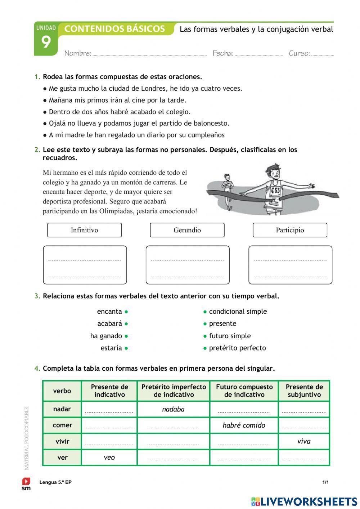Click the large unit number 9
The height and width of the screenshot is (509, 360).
click(x=46, y=43)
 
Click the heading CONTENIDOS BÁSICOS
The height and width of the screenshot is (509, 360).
click(x=114, y=29)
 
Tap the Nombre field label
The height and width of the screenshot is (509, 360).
click(x=77, y=53)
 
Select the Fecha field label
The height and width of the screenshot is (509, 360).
click(x=223, y=53)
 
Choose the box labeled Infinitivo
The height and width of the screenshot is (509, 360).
click(x=84, y=230)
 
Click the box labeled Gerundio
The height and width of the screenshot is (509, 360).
click(x=187, y=230)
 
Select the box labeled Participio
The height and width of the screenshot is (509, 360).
click(x=290, y=230)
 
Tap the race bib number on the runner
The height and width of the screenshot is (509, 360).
click(x=275, y=191)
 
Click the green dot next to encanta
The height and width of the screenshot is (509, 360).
click(x=126, y=312)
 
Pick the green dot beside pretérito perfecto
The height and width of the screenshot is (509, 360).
click(x=205, y=348)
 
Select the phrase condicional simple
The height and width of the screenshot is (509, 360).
click(x=238, y=312)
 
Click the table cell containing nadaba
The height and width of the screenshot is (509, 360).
click(x=173, y=409)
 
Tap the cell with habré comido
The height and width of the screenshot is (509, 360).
click(x=244, y=425)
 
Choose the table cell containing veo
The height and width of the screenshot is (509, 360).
click(x=109, y=457)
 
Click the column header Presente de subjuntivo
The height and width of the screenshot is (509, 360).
click(x=304, y=390)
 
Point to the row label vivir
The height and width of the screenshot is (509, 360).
click(x=62, y=441)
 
